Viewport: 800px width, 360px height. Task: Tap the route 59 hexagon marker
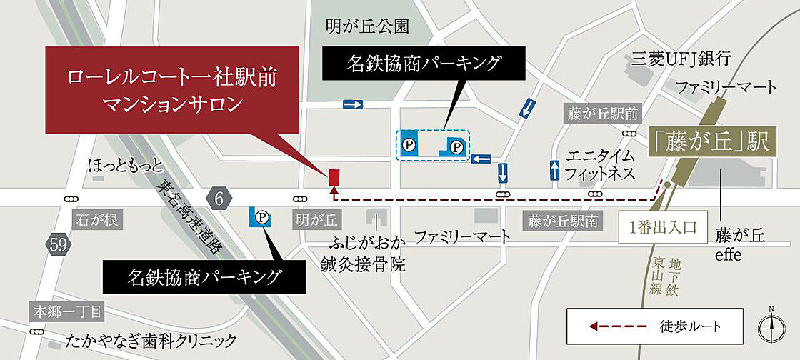coord(59,244)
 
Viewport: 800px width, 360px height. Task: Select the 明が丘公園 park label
coord(367,27)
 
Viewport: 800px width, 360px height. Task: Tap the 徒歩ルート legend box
coord(655,326)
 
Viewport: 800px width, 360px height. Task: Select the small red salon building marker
coord(334,175)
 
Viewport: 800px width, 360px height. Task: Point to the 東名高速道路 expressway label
coord(188,215)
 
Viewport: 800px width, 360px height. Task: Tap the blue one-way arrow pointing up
coord(555,170)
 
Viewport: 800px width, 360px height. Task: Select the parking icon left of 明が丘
coord(261,216)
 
